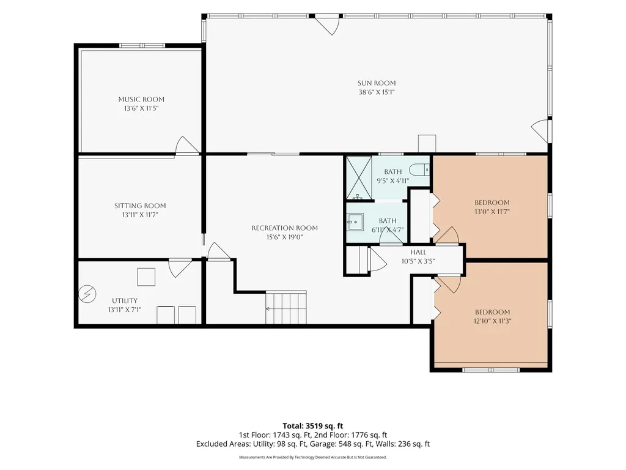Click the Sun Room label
377,83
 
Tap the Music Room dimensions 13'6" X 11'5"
141,108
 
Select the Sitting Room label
140,206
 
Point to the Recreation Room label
285,228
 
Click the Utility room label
125,300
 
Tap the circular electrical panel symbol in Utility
87,294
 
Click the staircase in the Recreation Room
286,307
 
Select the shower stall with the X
358,177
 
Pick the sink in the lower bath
355,222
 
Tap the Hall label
418,252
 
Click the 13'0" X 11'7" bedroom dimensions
492,212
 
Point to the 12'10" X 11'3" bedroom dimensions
492,321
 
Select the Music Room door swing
186,144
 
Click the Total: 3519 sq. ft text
313,426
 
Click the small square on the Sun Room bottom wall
427,144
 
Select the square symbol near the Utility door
146,277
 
